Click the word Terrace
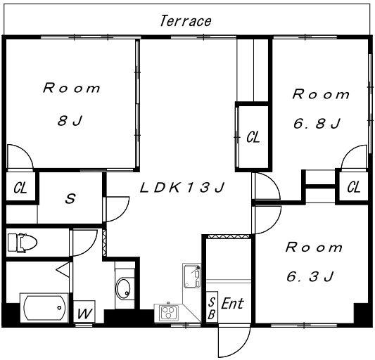[x=186, y=21]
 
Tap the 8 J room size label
[x=70, y=121]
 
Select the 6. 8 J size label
[x=317, y=124]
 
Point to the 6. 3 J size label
[x=310, y=276]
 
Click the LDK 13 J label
[x=182, y=188]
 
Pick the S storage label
[x=70, y=198]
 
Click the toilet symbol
[x=23, y=243]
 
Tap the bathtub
[x=44, y=308]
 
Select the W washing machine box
[x=84, y=311]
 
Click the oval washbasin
[x=123, y=288]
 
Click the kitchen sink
[x=192, y=276]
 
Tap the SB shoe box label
[x=212, y=309]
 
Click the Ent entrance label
[x=232, y=304]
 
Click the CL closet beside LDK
[x=253, y=137]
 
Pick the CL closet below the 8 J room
[x=20, y=188]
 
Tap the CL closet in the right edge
[x=354, y=187]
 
